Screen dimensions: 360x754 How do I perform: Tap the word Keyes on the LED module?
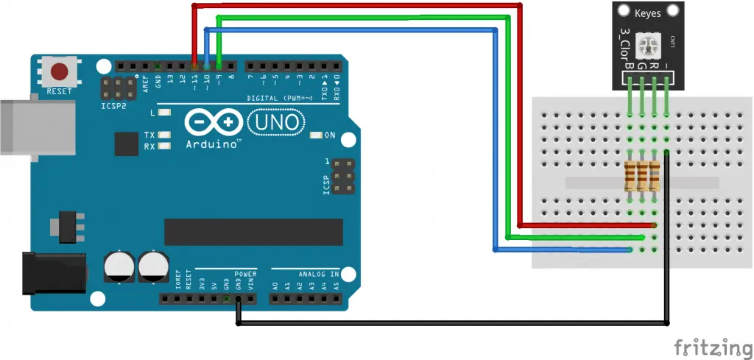coord(647,13)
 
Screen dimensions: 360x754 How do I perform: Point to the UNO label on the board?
coord(275,122)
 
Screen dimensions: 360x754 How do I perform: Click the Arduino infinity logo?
coord(214,121)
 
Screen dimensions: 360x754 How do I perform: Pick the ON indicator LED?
coord(317,135)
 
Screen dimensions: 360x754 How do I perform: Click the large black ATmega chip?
coord(253,231)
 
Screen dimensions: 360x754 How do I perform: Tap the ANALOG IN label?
coord(318,274)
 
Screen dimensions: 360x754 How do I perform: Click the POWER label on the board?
coord(245,274)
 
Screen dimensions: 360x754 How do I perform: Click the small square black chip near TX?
coord(126,144)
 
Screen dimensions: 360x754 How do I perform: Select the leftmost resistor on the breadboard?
coord(630,177)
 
